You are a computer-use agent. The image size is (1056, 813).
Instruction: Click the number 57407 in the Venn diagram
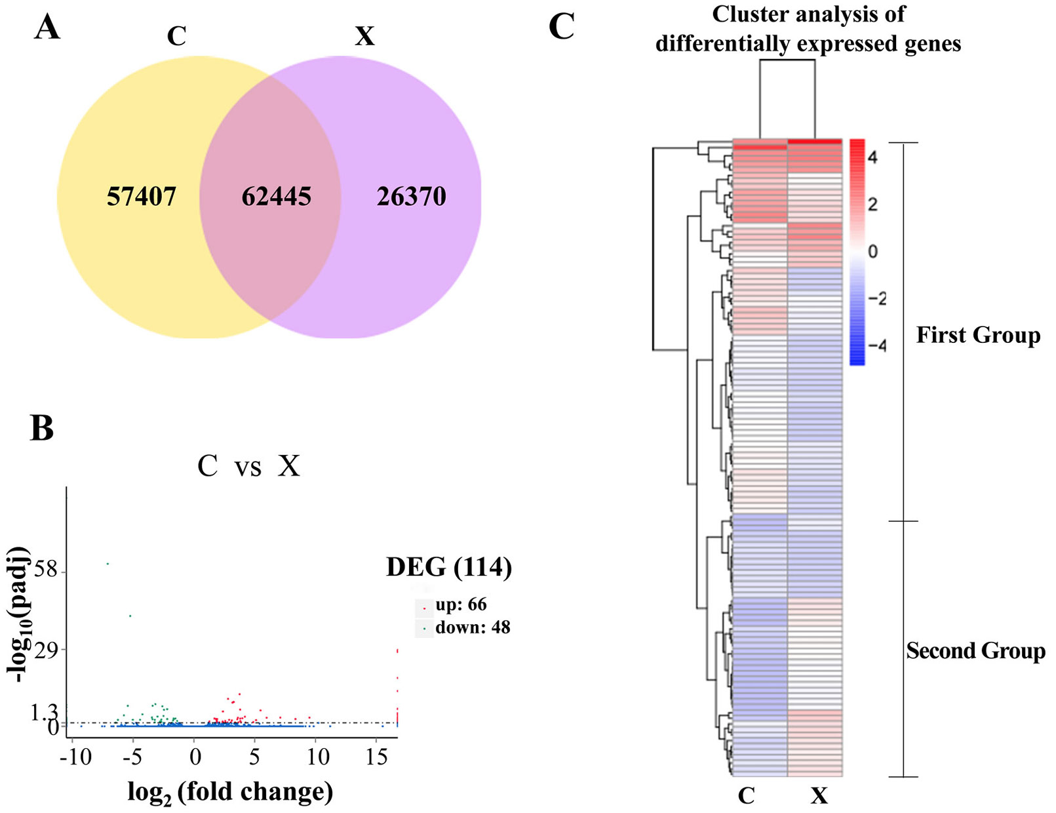(x=142, y=197)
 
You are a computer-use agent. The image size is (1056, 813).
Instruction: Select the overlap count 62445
(x=277, y=197)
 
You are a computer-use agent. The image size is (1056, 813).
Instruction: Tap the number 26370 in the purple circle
(x=411, y=197)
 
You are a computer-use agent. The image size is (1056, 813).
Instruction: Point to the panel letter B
(x=42, y=428)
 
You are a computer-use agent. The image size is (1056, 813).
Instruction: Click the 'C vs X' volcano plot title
(x=249, y=466)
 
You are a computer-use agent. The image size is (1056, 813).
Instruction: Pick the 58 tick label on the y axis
(x=46, y=569)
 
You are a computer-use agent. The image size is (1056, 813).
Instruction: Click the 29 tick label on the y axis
(x=46, y=649)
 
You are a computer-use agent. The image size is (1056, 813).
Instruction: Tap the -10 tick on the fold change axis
(x=76, y=757)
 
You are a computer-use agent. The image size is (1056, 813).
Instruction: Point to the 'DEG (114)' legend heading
(x=449, y=567)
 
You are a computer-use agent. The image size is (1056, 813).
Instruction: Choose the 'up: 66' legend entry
(x=461, y=605)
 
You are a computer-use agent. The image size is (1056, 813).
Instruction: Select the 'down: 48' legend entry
(x=473, y=627)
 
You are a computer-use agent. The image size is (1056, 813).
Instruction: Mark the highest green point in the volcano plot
(x=108, y=564)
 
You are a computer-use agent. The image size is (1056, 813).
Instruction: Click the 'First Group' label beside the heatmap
(x=978, y=335)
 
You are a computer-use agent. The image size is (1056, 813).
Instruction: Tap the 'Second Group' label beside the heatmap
(x=976, y=650)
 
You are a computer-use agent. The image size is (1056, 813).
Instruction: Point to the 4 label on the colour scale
(x=872, y=157)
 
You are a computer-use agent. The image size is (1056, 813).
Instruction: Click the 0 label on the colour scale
(x=873, y=251)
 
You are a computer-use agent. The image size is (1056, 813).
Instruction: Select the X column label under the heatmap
(x=819, y=796)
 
